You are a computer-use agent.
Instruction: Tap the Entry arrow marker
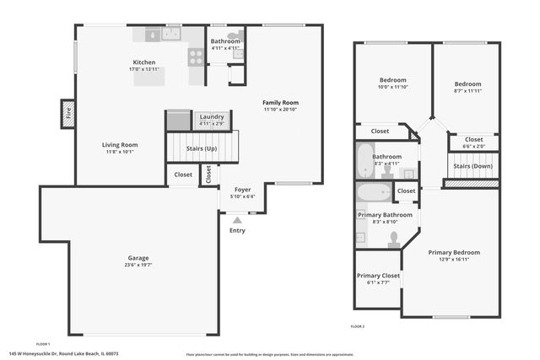pyautogui.click(x=237, y=220)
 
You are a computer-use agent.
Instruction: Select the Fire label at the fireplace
pyautogui.click(x=68, y=114)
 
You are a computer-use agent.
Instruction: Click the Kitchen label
pyautogui.click(x=143, y=62)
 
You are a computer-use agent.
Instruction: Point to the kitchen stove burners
pyautogui.click(x=196, y=56)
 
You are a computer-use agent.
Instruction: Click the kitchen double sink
pyautogui.click(x=172, y=35)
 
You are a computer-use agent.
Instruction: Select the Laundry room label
pyautogui.click(x=212, y=116)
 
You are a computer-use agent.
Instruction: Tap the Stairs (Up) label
pyautogui.click(x=201, y=148)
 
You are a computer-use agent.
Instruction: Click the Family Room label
pyautogui.click(x=280, y=102)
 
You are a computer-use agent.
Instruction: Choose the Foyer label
pyautogui.click(x=243, y=190)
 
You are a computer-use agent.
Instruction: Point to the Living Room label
pyautogui.click(x=120, y=145)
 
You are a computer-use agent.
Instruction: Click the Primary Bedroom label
pyautogui.click(x=453, y=252)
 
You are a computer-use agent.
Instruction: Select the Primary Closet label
pyautogui.click(x=378, y=276)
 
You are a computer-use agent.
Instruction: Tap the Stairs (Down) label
pyautogui.click(x=473, y=166)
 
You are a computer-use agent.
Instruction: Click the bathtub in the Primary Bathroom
pyautogui.click(x=371, y=193)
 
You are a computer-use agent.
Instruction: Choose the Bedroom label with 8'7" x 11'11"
pyautogui.click(x=467, y=83)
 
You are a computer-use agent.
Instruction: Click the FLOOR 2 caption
pyautogui.click(x=357, y=325)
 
